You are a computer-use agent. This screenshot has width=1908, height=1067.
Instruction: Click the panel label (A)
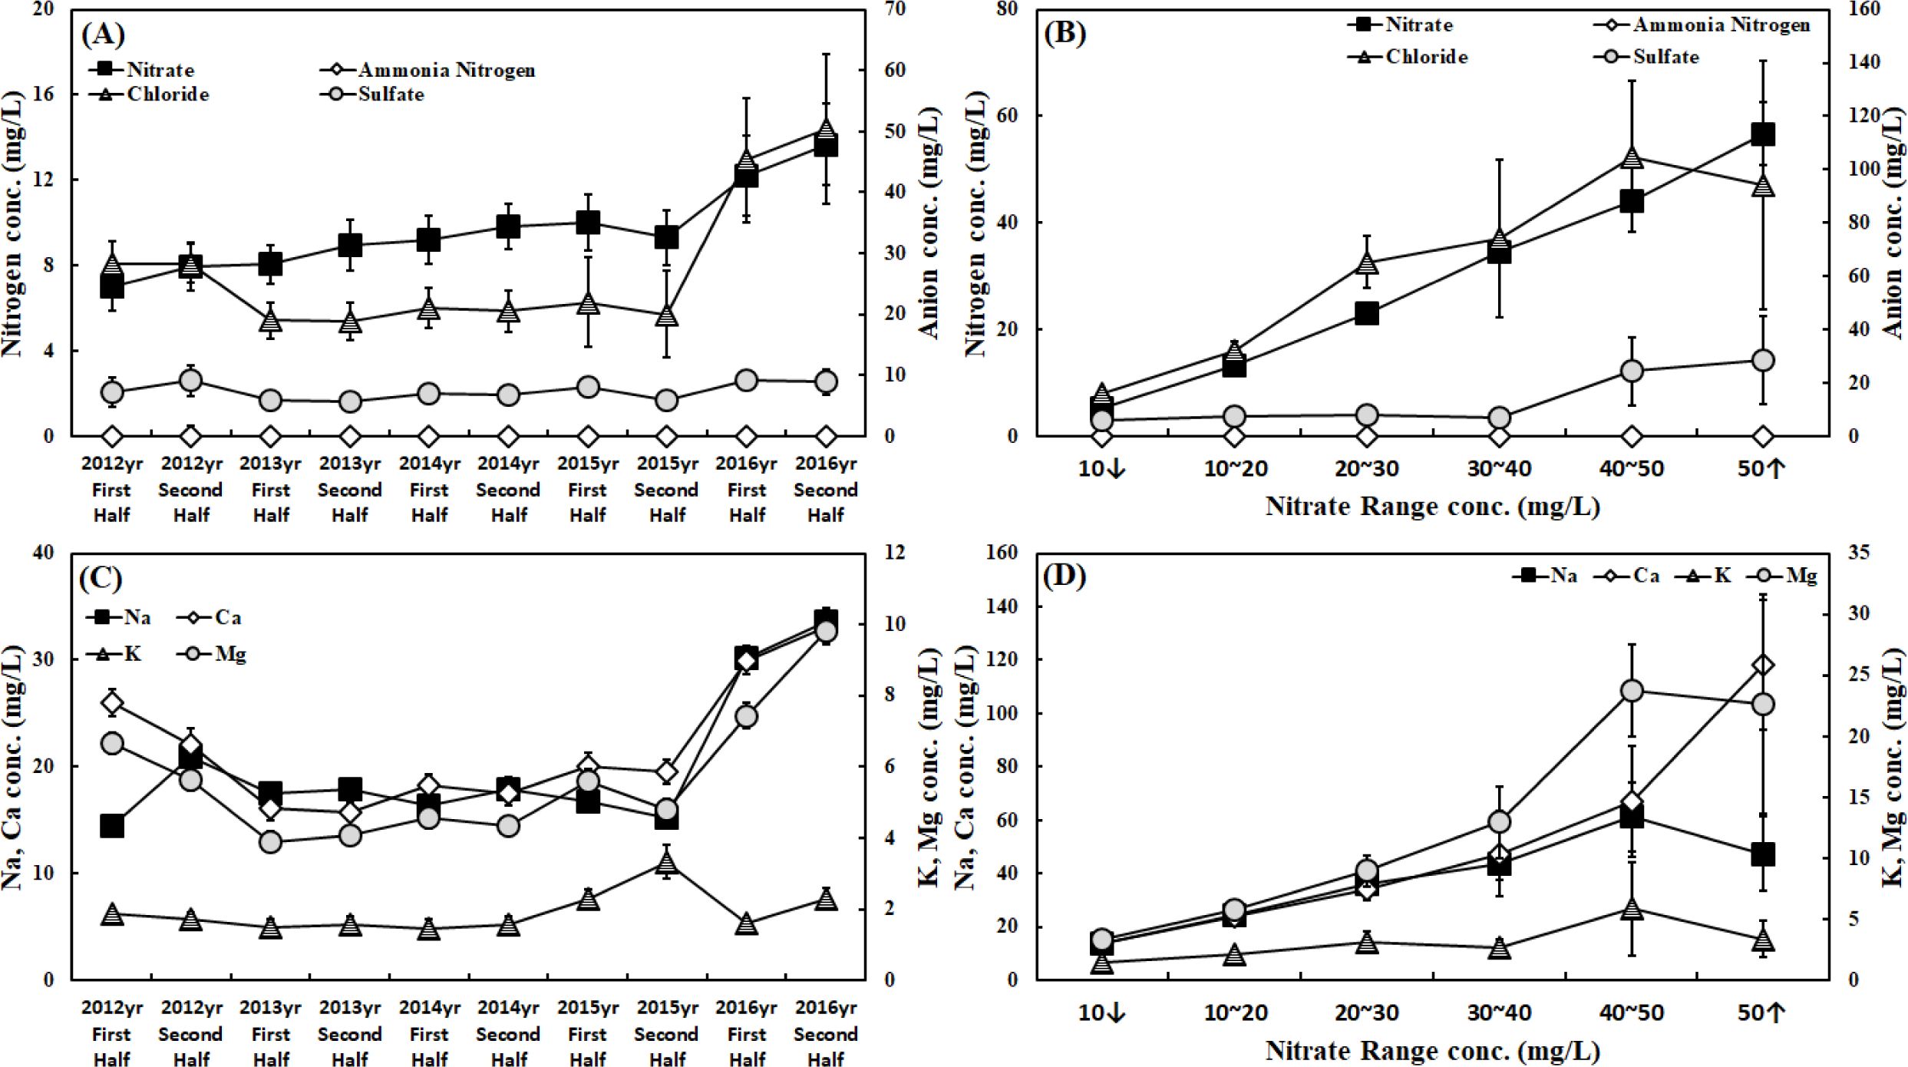[x=102, y=35]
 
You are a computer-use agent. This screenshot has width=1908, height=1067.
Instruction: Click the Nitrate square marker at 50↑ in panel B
[x=1763, y=134]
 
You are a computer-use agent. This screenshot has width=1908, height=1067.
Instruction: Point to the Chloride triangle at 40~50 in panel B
[x=1632, y=158]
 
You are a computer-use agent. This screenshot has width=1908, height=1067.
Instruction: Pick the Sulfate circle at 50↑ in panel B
[x=1763, y=360]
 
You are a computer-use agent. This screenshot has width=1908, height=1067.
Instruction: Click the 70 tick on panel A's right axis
[x=895, y=9]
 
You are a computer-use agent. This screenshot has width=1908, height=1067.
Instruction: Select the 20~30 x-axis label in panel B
[x=1367, y=468]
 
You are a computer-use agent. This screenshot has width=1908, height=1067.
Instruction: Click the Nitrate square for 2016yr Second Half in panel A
[x=826, y=145]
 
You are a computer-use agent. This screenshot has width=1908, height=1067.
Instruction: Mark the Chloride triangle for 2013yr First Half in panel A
[x=270, y=320]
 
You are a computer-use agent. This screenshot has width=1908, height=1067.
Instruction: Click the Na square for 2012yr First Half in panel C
[x=112, y=826]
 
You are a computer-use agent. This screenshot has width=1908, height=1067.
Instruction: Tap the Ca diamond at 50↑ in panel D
[x=1763, y=665]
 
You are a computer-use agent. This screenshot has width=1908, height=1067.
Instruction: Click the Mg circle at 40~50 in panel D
[x=1632, y=691]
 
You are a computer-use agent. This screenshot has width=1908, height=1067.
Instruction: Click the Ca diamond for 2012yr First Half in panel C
[x=112, y=702]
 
